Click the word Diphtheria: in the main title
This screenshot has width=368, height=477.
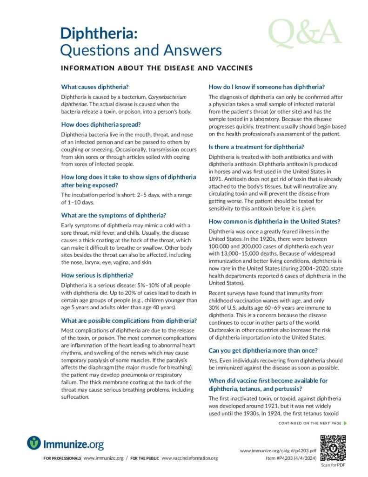point(99,33)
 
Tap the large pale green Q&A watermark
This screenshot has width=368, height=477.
point(304,34)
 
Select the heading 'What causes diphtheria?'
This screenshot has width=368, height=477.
point(95,87)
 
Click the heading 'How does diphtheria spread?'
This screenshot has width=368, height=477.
point(101,124)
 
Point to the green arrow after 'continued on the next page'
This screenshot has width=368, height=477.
point(345,423)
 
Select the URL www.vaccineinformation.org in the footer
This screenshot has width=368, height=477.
point(190,458)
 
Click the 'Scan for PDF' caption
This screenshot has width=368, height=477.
point(333,465)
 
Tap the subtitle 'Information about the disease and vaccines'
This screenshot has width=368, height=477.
point(157,68)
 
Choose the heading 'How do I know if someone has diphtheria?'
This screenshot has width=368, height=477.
point(267,87)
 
